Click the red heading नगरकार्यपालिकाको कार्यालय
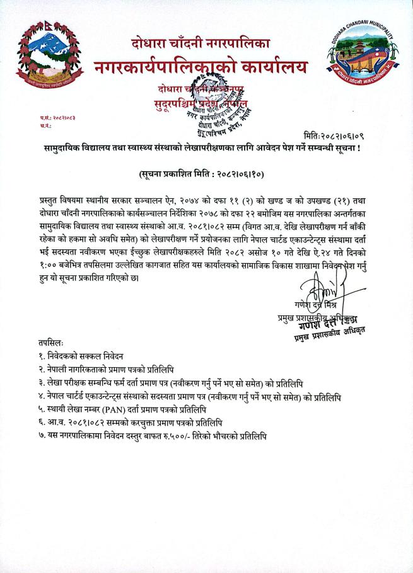click(x=201, y=65)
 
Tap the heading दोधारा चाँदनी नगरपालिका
click(x=201, y=43)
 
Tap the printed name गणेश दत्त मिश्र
click(x=320, y=306)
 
